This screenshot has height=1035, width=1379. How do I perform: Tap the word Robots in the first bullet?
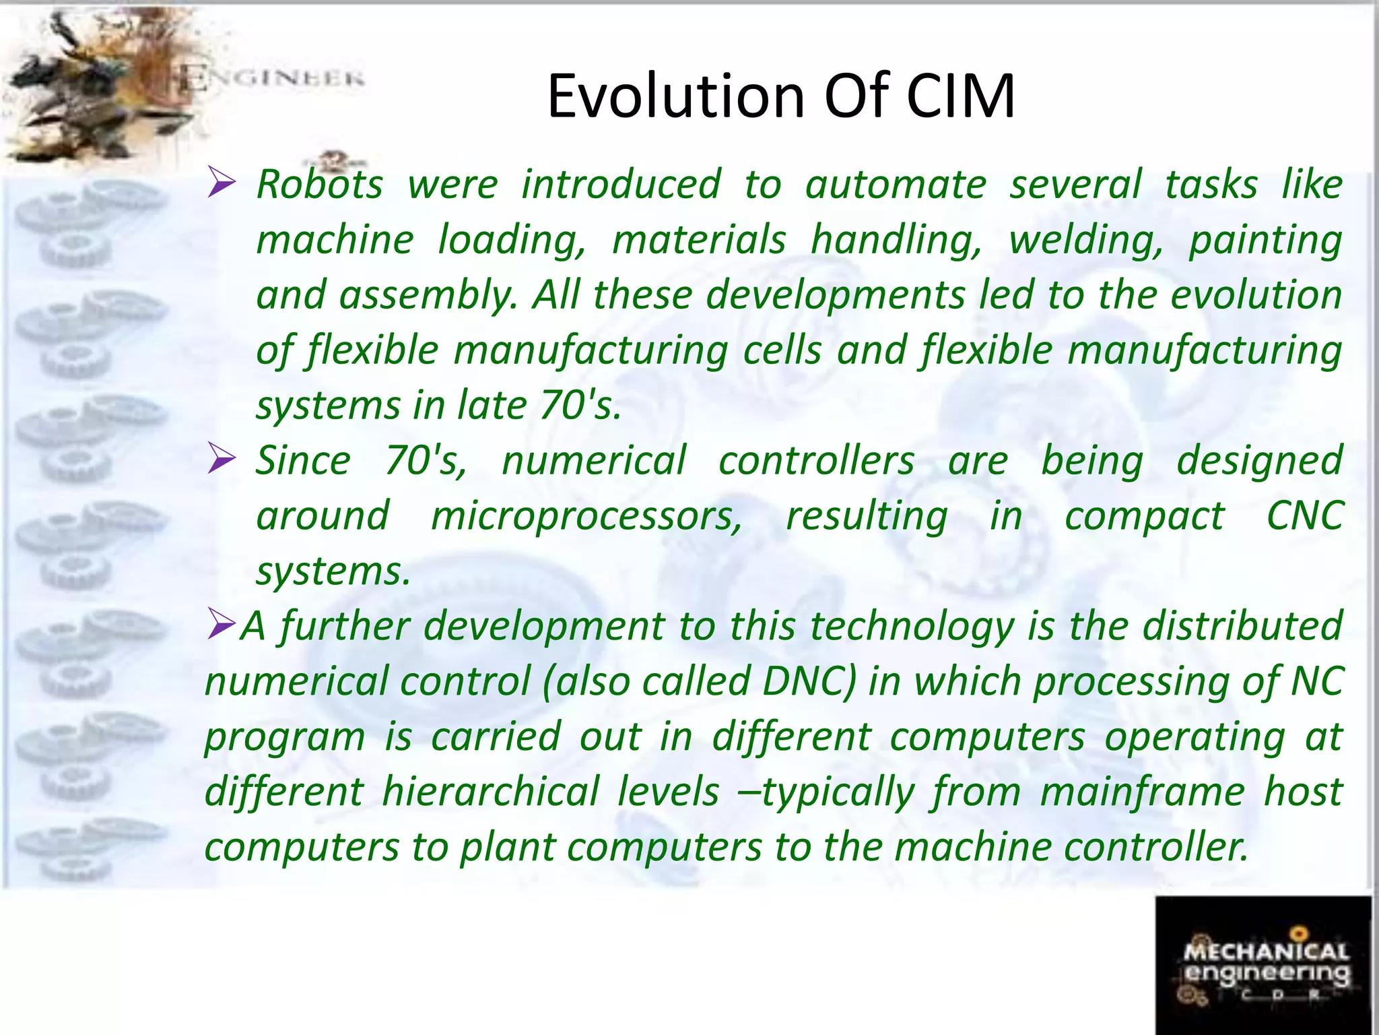click(x=320, y=184)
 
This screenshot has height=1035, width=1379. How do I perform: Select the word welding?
click(x=1085, y=240)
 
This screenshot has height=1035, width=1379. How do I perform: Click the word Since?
click(x=304, y=461)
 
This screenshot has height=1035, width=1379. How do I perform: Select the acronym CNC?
click(x=1305, y=516)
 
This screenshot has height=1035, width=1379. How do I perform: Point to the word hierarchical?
click(x=490, y=792)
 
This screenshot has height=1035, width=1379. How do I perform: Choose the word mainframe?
click(x=1142, y=792)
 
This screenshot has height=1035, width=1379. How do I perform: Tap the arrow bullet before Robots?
click(x=222, y=183)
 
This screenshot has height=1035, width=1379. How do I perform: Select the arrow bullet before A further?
click(x=220, y=623)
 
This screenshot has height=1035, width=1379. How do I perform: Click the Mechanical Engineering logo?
click(x=1264, y=964)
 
